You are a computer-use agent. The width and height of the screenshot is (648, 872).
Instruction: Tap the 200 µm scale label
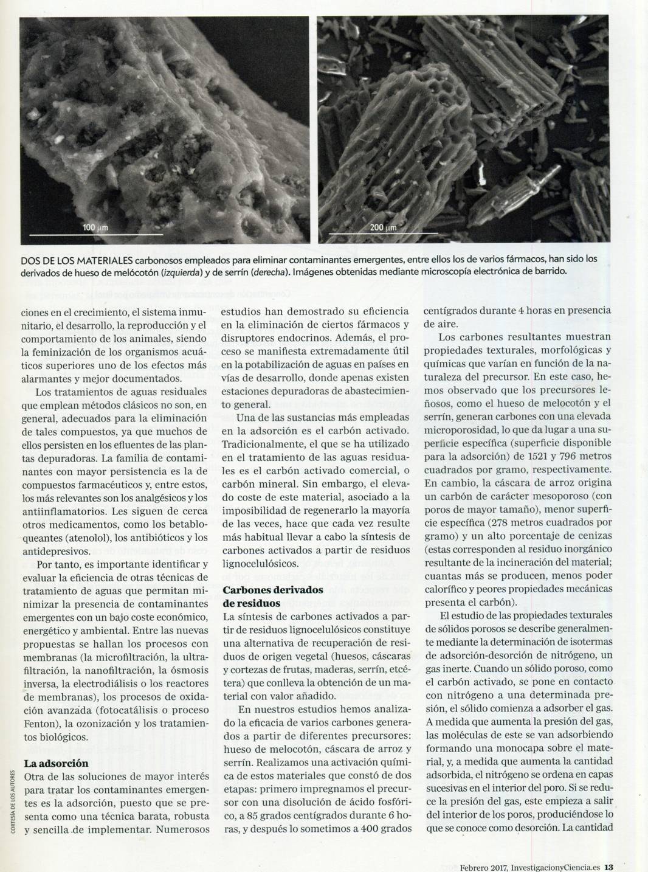(382, 227)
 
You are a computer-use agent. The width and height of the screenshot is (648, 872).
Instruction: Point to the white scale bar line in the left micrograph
(95, 234)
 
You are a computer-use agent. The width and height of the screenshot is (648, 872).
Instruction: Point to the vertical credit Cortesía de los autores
(13, 803)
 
